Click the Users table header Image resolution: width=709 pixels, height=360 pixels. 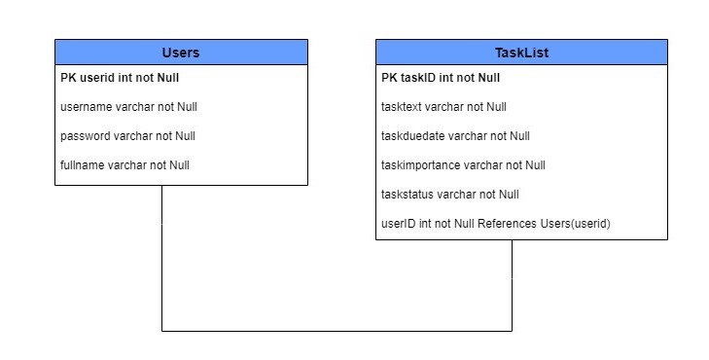coord(181,52)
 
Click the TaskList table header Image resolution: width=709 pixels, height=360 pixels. coord(521,52)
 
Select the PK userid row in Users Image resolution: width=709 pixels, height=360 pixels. coord(120,78)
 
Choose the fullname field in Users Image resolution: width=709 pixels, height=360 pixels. coord(124,165)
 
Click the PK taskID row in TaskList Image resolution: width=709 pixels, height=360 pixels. coord(441,78)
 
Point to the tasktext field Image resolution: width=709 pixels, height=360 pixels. coord(443,107)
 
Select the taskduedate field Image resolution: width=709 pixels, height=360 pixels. coord(455,136)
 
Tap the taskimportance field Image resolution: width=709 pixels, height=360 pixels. coord(463,165)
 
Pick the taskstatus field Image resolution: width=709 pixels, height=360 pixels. coord(450,195)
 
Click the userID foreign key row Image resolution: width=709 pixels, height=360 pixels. coord(495,224)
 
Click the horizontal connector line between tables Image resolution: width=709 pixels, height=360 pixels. coord(337,331)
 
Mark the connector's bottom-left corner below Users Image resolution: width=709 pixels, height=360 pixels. coord(161,331)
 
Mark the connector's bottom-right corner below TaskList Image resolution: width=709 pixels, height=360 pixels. coord(512,331)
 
